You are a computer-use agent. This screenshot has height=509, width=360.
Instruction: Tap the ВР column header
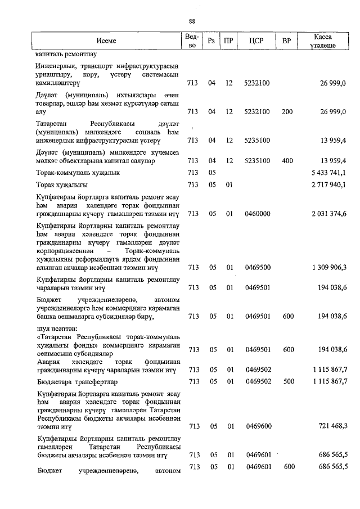(x=287, y=41)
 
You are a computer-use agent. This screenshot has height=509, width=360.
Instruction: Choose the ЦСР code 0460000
(x=258, y=214)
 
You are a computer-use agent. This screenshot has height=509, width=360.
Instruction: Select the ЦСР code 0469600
(x=258, y=426)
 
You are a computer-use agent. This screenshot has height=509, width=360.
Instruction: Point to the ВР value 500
(x=287, y=382)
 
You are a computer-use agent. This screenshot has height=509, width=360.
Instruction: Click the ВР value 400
(x=287, y=161)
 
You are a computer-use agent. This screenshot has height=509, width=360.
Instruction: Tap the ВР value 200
(x=287, y=112)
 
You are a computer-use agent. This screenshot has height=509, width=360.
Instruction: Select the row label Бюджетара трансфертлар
(x=75, y=382)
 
